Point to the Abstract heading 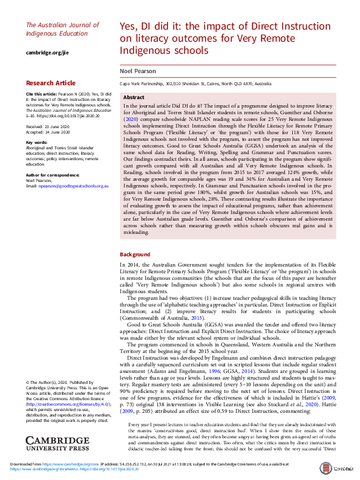133,97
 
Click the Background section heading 134,255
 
